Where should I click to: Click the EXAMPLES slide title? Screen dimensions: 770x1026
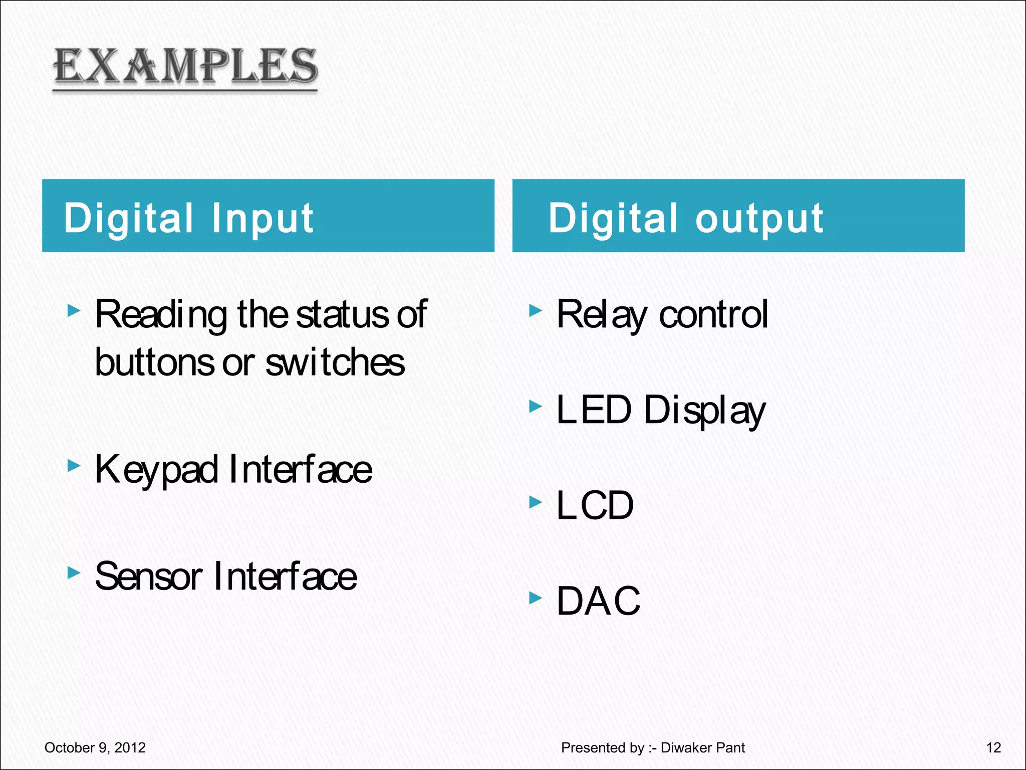coord(185,66)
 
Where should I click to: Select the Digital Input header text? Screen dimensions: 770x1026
coord(188,218)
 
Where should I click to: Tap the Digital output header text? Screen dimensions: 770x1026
coord(685,218)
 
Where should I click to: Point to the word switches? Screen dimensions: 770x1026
coord(335,362)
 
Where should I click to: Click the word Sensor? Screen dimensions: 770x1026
coord(148,576)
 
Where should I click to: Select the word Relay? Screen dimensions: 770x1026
coord(601,315)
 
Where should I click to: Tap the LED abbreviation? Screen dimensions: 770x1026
coord(594,410)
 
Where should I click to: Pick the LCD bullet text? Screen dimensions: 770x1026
coord(595,505)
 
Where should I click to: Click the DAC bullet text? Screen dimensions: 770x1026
coord(598,601)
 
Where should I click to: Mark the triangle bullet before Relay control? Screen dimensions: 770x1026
coord(536,311)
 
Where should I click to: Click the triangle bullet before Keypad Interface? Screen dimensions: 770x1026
coord(74,466)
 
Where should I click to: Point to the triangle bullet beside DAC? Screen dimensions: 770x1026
coord(536,597)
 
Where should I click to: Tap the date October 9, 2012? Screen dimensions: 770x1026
coord(95,747)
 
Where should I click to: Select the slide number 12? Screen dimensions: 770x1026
coord(993,747)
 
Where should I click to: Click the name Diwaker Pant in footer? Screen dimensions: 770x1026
coord(702,747)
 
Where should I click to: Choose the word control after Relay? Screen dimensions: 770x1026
coord(713,315)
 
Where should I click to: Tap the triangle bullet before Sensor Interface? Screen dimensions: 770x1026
coord(74,572)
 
